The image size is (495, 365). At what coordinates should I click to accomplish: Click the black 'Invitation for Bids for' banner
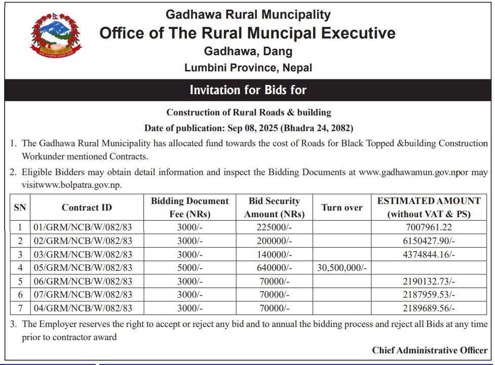[x=248, y=90]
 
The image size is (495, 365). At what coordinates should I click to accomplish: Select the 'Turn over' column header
[x=342, y=208]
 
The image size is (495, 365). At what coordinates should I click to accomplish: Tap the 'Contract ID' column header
[x=87, y=208]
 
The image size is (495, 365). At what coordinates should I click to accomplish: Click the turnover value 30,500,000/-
[x=342, y=268]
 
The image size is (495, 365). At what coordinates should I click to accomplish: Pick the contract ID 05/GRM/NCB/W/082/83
[x=83, y=268]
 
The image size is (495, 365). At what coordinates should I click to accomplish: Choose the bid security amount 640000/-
[x=275, y=268]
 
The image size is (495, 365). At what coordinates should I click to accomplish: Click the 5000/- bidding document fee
[x=190, y=268]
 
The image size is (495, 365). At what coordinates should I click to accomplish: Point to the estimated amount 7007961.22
[x=429, y=227]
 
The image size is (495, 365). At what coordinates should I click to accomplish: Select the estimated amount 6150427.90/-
[x=429, y=241]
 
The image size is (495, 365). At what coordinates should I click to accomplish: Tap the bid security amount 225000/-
[x=275, y=227]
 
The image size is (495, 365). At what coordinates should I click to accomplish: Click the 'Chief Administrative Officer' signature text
[x=430, y=350]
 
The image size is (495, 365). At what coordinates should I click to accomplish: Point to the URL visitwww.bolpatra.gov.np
[x=71, y=185]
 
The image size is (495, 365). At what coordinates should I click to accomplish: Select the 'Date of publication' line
[x=248, y=128]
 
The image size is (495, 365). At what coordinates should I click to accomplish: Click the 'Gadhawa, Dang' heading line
[x=248, y=51]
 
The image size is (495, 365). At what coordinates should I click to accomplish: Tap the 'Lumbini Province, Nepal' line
[x=248, y=67]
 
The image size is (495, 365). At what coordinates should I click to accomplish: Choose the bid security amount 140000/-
[x=275, y=255]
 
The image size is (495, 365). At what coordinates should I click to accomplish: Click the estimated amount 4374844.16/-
[x=429, y=255]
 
